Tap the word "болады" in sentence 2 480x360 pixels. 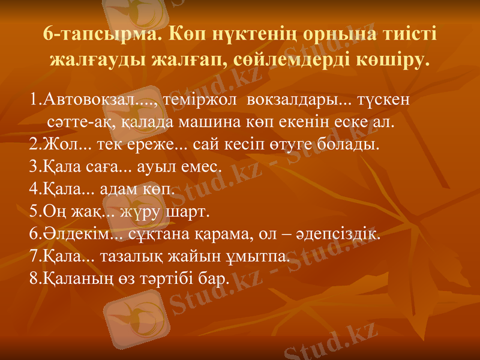pos(350,145)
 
